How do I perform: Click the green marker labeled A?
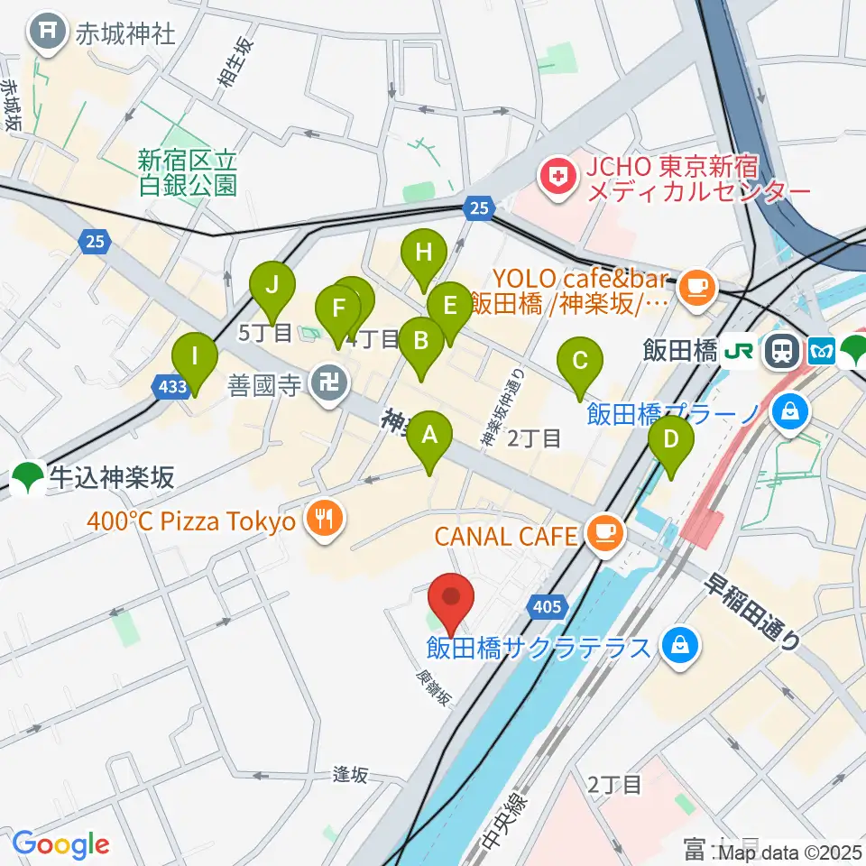(430, 438)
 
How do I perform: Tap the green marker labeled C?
(580, 363)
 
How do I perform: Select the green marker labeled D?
(670, 441)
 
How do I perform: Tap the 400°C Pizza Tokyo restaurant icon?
(324, 521)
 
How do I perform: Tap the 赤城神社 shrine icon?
(45, 34)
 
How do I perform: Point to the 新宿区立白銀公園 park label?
(188, 172)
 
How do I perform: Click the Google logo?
(60, 844)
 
